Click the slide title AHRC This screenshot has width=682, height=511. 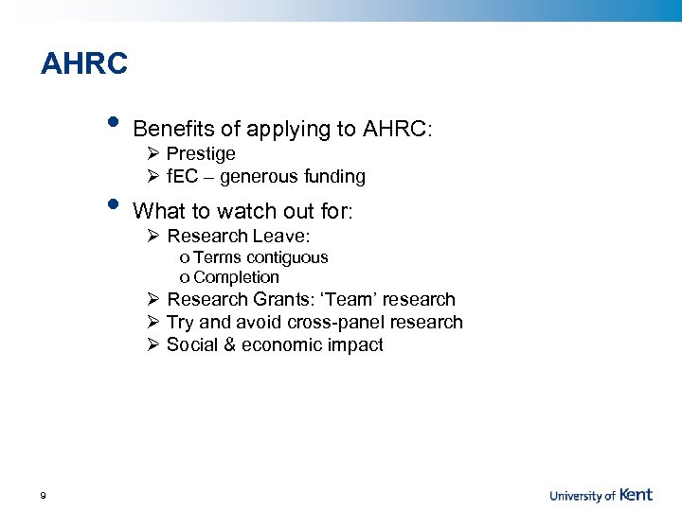84,64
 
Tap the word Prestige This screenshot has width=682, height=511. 201,154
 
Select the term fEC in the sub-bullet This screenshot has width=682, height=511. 181,177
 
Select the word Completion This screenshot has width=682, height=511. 236,277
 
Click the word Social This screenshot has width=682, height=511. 190,345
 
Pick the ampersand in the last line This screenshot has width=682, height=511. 227,345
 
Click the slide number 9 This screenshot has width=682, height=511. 44,495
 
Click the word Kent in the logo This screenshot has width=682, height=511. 637,494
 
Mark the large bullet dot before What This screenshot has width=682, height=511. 114,204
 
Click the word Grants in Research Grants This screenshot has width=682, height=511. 281,300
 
